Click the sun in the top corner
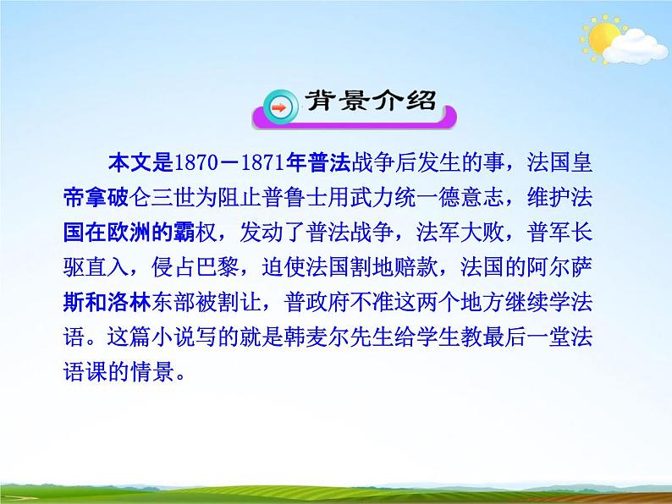(603, 38)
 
